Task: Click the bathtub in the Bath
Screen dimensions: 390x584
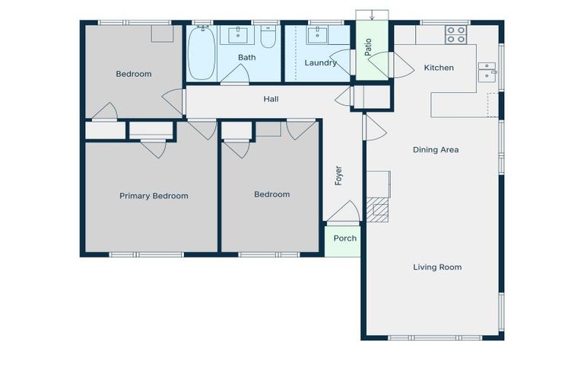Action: click(x=202, y=53)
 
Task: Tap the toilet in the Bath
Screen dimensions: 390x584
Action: click(x=268, y=38)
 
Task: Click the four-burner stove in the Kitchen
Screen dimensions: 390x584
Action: click(x=455, y=34)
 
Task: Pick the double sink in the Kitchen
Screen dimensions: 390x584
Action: click(x=487, y=72)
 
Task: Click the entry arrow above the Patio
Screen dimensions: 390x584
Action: click(x=372, y=15)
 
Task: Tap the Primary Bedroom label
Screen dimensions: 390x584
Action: click(x=154, y=196)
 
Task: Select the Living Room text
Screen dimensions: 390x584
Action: click(x=437, y=267)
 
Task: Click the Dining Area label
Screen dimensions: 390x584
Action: click(x=436, y=150)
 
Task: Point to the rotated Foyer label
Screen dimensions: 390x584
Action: click(x=339, y=176)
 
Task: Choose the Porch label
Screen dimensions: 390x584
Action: click(x=345, y=238)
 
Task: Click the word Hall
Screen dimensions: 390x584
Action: click(x=271, y=99)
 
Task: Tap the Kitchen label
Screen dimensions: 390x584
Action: click(x=439, y=68)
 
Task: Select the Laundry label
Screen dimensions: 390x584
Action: click(x=320, y=62)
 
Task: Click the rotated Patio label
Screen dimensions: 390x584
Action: click(x=369, y=47)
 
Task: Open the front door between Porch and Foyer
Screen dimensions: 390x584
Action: click(x=347, y=213)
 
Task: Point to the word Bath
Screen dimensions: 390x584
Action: click(x=246, y=57)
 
